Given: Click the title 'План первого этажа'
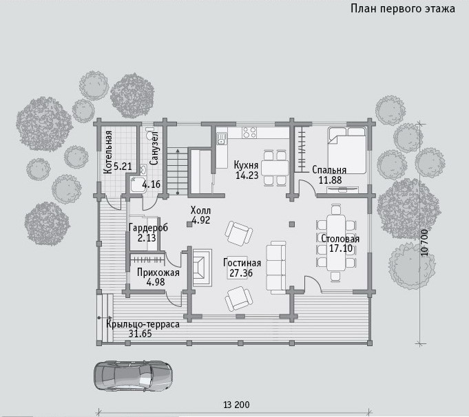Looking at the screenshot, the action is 403,8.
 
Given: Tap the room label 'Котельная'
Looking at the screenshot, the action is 108,152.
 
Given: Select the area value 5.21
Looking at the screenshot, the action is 123,167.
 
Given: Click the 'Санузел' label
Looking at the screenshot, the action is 154,148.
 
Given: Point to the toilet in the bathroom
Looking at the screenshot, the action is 149,133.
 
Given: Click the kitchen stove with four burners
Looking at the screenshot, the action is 249,132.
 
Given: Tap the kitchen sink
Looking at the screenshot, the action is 221,138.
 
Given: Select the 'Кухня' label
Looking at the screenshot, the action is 246,165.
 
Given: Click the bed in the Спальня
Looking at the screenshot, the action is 347,150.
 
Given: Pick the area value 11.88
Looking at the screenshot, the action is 330,180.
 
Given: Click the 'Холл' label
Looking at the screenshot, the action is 200,210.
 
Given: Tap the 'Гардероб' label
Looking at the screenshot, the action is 148,228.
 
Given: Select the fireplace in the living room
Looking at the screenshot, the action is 202,268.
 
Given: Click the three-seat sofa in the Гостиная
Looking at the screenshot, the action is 276,267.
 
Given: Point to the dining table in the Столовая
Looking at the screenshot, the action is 336,243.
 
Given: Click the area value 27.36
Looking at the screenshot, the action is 241,273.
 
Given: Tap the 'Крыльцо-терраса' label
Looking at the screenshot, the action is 143,325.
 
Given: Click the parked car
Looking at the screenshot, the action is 133,376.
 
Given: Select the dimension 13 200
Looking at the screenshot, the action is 236,405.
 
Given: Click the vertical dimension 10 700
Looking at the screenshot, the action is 424,243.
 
